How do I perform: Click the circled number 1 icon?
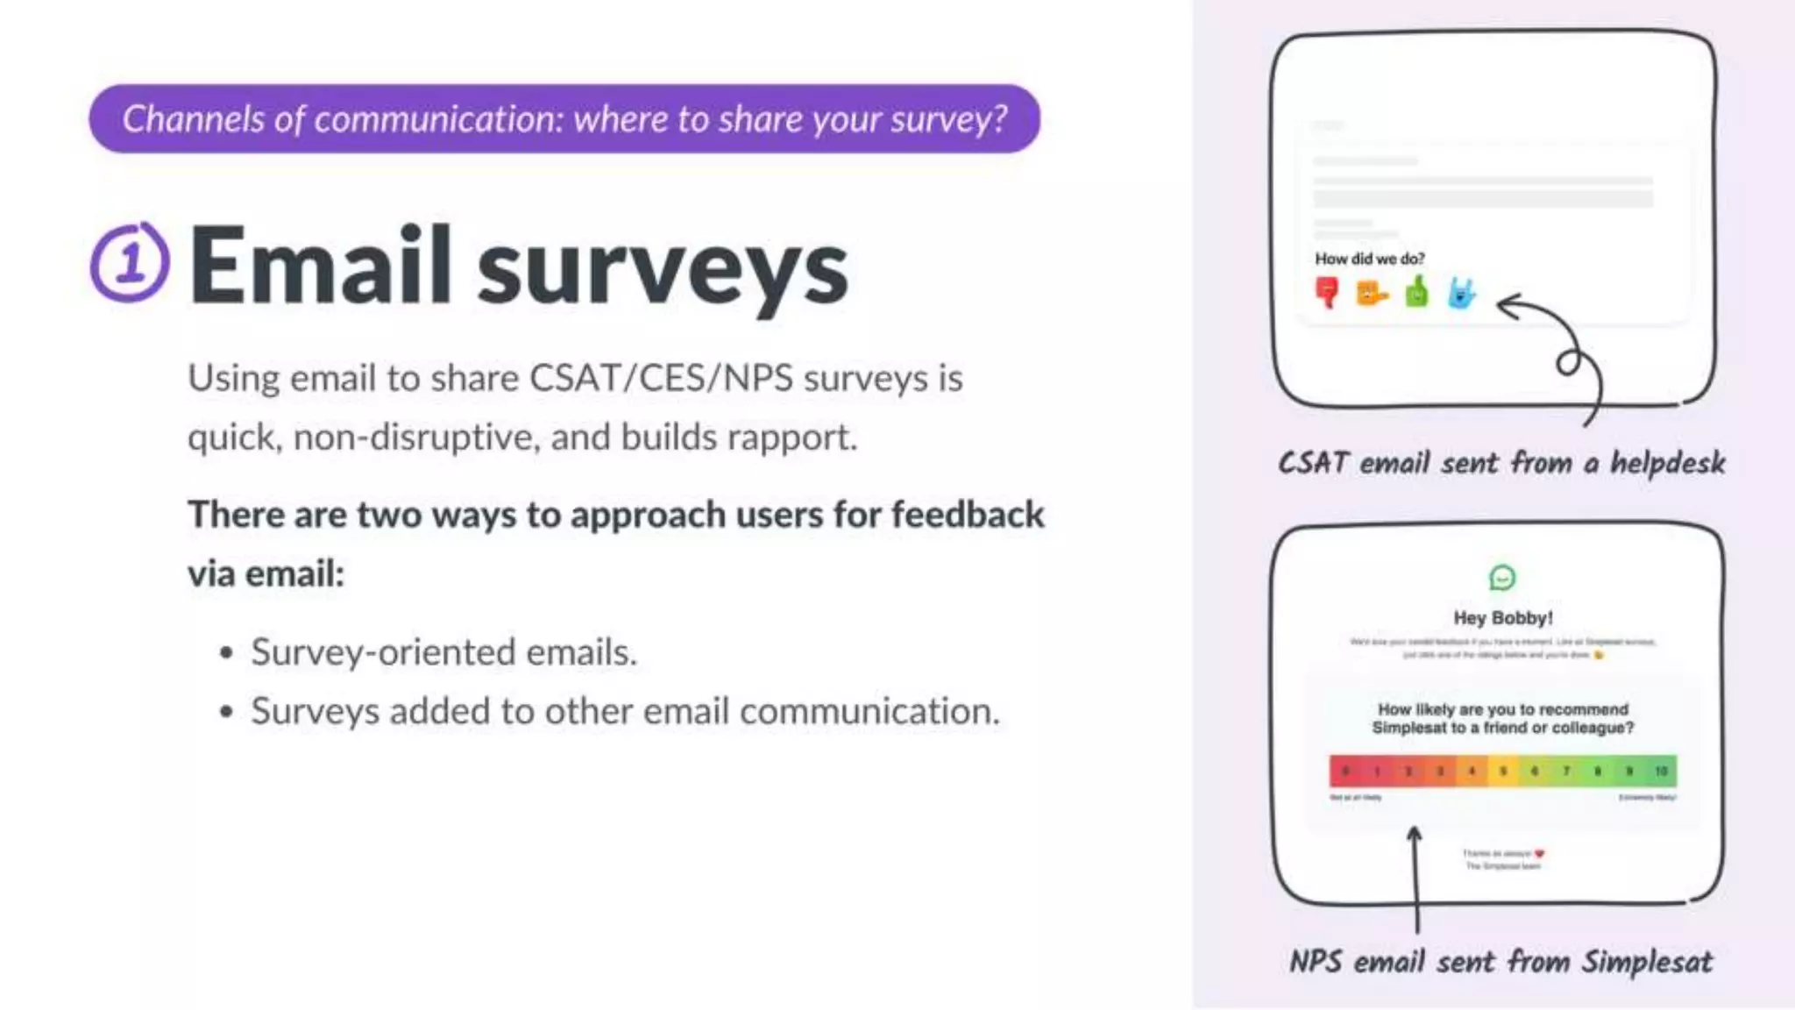click(x=130, y=262)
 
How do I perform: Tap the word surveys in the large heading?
click(x=663, y=268)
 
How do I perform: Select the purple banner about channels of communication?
click(x=564, y=119)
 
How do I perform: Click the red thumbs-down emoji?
click(x=1327, y=292)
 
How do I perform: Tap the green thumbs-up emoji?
click(x=1416, y=292)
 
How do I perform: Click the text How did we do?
click(x=1369, y=259)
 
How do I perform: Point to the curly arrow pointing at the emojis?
click(x=1564, y=351)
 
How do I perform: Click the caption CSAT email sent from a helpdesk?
click(x=1501, y=462)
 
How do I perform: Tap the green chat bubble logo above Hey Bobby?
click(x=1502, y=578)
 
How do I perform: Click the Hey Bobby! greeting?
click(x=1502, y=618)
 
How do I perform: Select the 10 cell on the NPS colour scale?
click(x=1660, y=771)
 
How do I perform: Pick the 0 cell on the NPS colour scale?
click(x=1345, y=771)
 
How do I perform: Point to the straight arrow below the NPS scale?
click(x=1415, y=877)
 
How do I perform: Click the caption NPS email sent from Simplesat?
click(x=1501, y=962)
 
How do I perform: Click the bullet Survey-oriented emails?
click(x=443, y=652)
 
